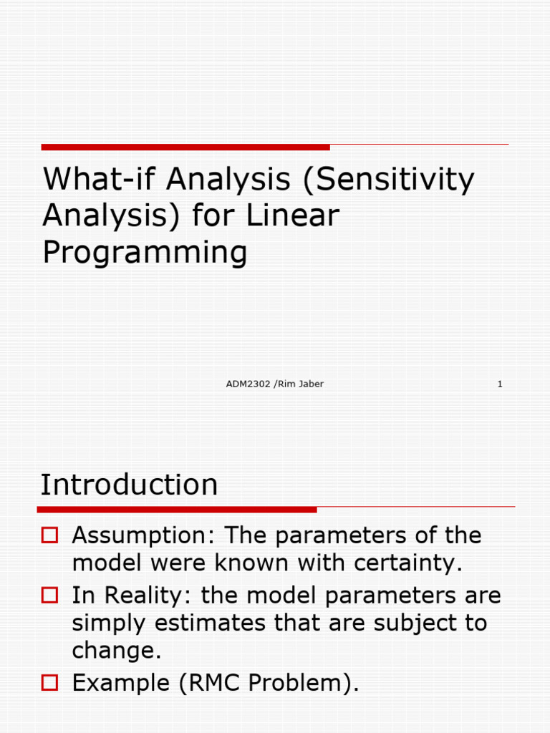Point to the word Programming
point(145,253)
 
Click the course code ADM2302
point(248,384)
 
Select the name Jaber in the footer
point(309,384)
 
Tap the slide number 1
point(500,384)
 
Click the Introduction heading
point(129,485)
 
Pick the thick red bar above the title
point(185,147)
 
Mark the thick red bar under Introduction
point(177,510)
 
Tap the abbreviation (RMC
point(214,684)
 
